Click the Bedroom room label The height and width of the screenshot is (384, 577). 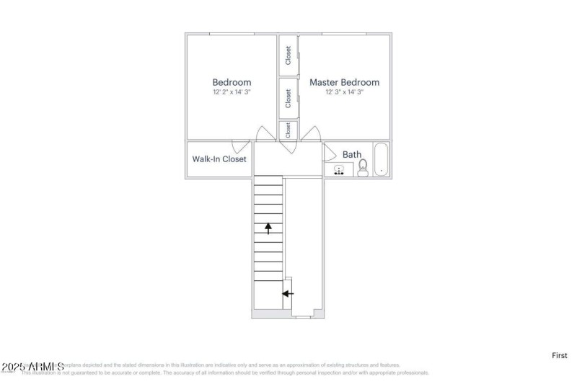point(232,82)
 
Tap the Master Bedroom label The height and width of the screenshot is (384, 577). point(344,82)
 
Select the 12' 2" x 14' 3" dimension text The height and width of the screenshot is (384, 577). point(232,92)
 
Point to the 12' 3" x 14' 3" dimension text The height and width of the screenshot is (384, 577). point(344,92)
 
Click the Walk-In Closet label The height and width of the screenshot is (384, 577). point(219,159)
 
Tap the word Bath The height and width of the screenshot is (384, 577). point(352,154)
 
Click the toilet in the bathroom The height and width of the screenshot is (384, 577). point(363,167)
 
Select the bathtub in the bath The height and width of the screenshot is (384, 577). point(382,161)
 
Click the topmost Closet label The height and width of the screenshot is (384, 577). point(288,55)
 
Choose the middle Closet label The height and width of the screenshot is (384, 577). point(288,98)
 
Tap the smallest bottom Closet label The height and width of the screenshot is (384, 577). point(288,130)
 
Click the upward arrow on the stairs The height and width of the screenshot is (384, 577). point(268,228)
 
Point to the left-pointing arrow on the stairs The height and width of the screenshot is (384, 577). point(288,293)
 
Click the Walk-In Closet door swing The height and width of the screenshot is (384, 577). point(241,146)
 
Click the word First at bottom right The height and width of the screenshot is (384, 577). point(560,355)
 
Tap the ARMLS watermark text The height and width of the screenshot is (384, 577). point(32,367)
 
